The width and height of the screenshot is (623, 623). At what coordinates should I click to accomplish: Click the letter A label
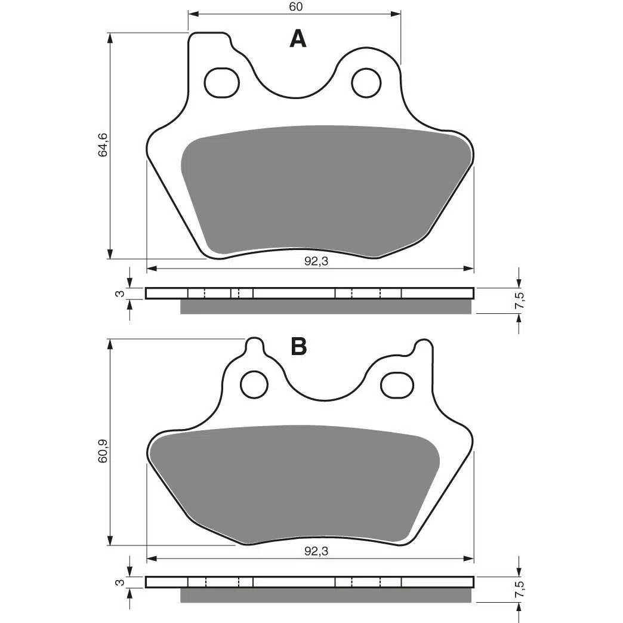(x=298, y=39)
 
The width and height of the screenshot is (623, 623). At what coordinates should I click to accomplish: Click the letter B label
(x=299, y=346)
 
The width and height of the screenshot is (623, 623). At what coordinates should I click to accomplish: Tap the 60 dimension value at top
(x=295, y=7)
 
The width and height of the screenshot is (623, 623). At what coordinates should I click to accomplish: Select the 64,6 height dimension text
(x=103, y=144)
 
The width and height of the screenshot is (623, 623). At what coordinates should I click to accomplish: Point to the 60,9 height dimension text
(x=103, y=451)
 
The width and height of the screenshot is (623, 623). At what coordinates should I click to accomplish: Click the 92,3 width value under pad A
(x=316, y=261)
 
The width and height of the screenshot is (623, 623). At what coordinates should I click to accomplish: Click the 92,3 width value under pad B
(x=316, y=551)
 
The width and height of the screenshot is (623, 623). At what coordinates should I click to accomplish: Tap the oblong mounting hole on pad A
(x=222, y=82)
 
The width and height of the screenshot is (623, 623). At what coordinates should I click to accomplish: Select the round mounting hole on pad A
(x=366, y=82)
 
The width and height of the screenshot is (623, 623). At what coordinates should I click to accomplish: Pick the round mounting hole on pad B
(x=255, y=385)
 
